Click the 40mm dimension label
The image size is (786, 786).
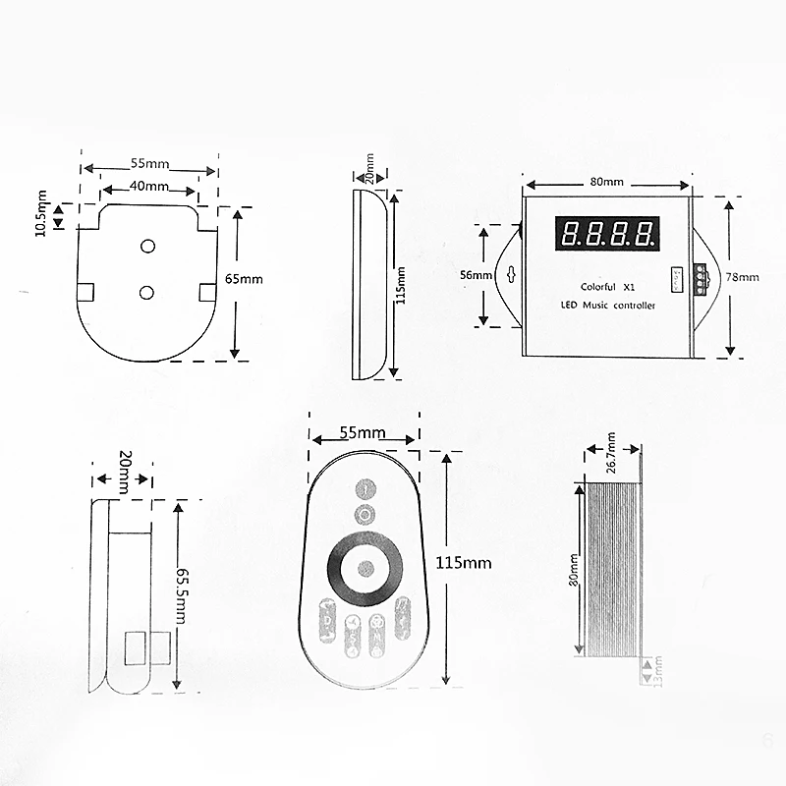pyautogui.click(x=148, y=187)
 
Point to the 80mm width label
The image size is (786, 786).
pyautogui.click(x=607, y=183)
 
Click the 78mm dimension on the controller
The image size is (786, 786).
pyautogui.click(x=744, y=278)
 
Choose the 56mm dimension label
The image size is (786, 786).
pyautogui.click(x=475, y=276)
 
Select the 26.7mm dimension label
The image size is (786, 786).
pyautogui.click(x=611, y=453)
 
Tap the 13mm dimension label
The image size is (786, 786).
pyautogui.click(x=658, y=675)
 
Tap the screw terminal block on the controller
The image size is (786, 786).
pyautogui.click(x=700, y=277)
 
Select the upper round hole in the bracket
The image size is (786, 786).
pyautogui.click(x=148, y=245)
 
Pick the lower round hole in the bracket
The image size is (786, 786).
pyautogui.click(x=147, y=292)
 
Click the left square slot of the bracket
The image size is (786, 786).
pyautogui.click(x=85, y=292)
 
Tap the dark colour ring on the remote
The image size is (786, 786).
pyautogui.click(x=365, y=567)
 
